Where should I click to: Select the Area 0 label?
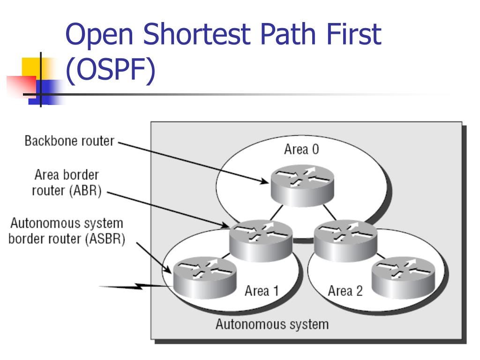(301, 150)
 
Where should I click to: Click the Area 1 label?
(262, 291)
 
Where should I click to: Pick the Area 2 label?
(345, 291)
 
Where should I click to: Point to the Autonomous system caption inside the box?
(272, 324)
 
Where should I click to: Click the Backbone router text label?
(69, 141)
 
